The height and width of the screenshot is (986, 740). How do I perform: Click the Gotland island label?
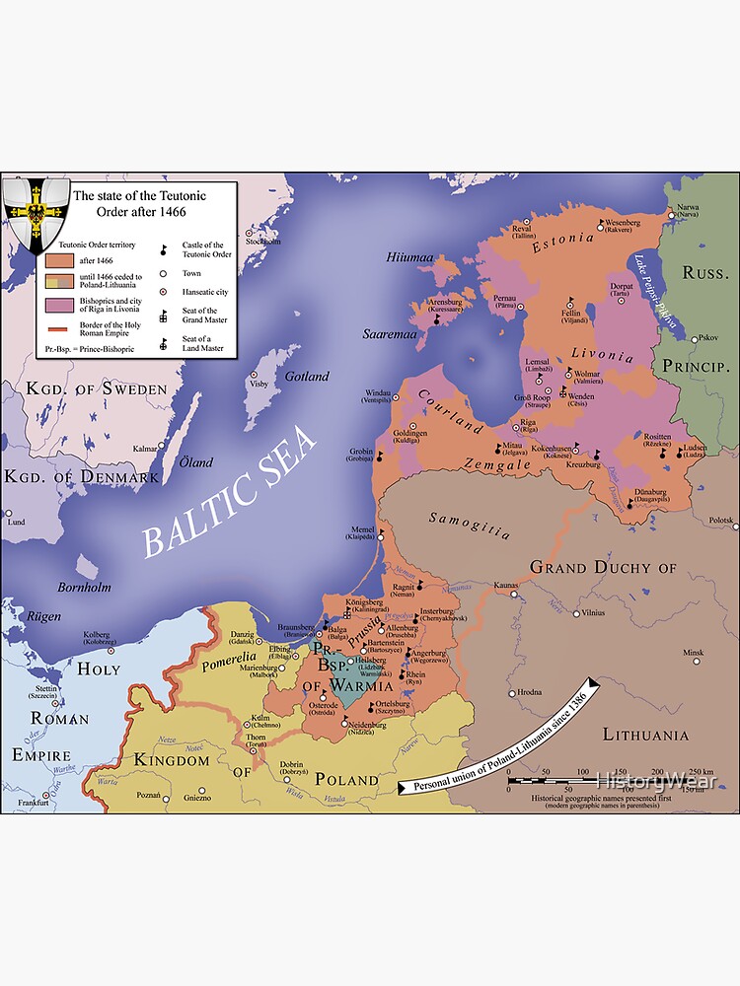tap(306, 377)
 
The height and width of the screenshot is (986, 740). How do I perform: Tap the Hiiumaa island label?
tap(409, 257)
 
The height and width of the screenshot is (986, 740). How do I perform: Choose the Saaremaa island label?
tap(390, 334)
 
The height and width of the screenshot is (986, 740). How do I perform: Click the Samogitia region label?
tap(470, 526)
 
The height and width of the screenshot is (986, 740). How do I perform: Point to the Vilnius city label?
tap(593, 612)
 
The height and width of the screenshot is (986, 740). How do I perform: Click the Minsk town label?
tap(694, 653)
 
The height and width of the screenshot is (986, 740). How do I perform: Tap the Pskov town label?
tap(705, 338)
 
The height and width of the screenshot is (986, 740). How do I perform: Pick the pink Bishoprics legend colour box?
tap(59, 304)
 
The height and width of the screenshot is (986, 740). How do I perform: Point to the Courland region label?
tap(450, 409)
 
